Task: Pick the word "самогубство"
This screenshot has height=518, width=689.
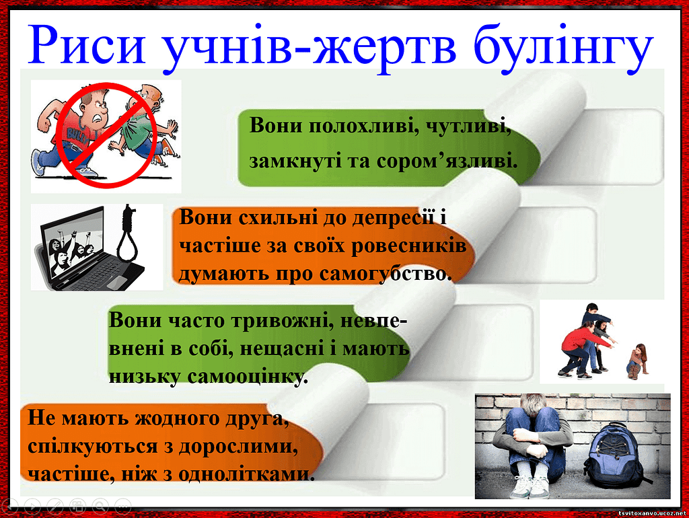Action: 386,273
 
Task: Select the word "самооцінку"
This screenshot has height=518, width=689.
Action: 248,377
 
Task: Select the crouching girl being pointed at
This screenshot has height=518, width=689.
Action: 637,361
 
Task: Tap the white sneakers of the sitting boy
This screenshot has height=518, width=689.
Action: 531,487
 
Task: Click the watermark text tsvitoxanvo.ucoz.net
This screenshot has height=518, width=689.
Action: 652,513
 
